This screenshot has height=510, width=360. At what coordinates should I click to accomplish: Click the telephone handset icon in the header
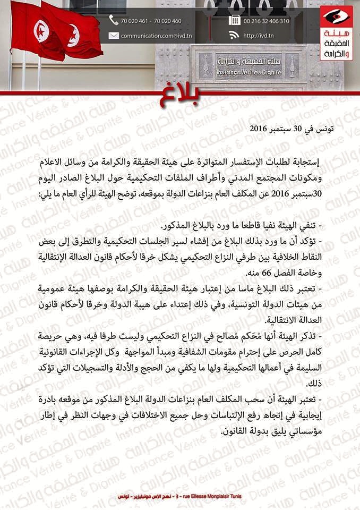point(114,20)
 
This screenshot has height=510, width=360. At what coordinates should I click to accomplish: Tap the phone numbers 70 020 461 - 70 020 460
point(151,21)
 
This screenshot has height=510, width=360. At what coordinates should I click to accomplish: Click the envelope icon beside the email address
point(114,36)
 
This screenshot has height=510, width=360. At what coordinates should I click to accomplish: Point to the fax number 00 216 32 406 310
point(267,21)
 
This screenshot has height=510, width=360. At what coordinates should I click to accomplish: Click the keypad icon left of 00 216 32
point(234,20)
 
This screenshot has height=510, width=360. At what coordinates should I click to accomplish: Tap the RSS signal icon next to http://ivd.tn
point(234,36)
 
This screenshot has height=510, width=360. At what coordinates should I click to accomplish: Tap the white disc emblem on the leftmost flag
point(41,31)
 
